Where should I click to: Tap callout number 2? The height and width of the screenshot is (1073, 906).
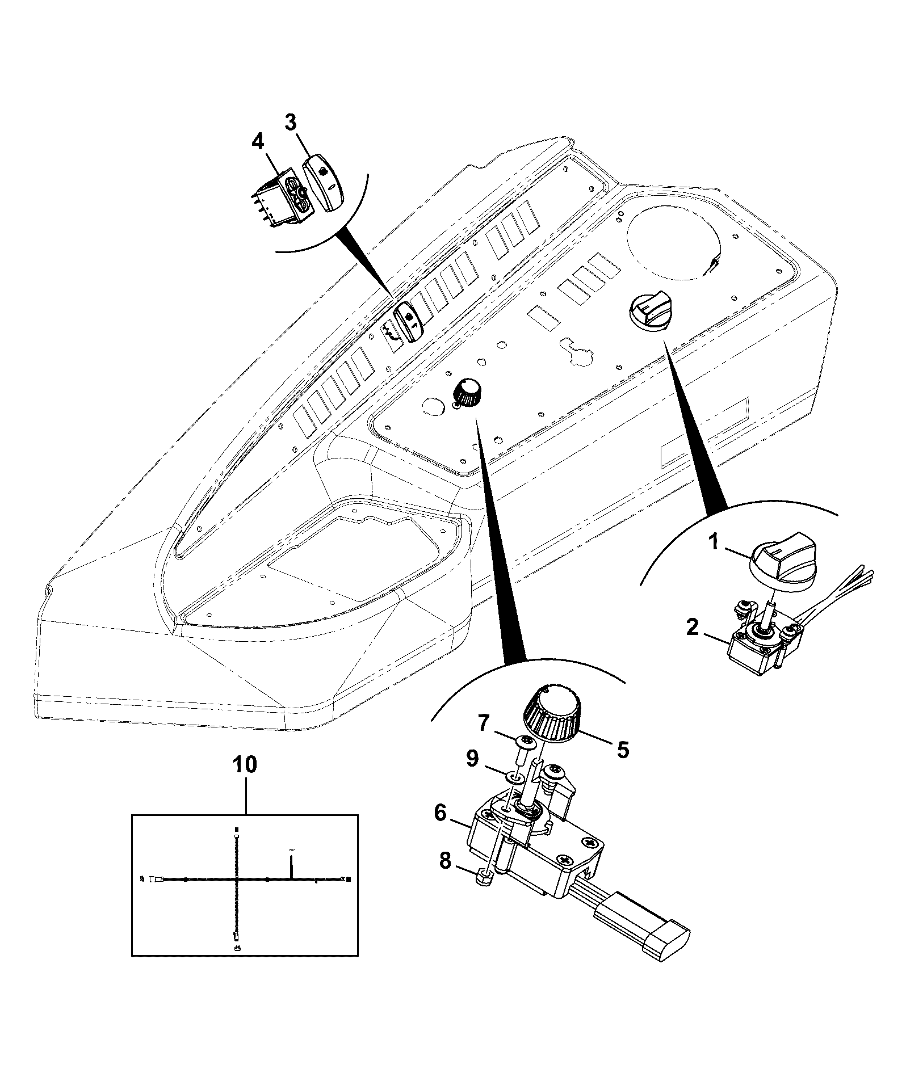click(x=692, y=628)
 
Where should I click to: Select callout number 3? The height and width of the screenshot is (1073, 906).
click(x=290, y=121)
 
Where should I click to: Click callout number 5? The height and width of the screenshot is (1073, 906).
click(x=623, y=750)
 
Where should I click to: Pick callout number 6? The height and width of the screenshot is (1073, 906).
click(x=440, y=813)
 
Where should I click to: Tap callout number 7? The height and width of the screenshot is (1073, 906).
click(x=483, y=722)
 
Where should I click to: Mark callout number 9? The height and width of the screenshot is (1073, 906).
click(x=472, y=758)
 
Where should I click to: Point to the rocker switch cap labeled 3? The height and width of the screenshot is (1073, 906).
click(x=322, y=183)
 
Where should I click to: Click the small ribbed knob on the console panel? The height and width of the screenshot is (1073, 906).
click(x=467, y=392)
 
